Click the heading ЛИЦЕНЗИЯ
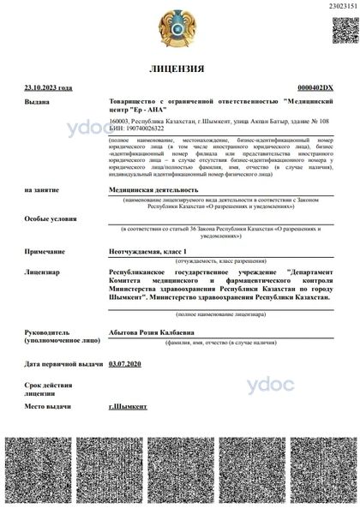pyautogui.click(x=179, y=69)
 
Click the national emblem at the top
pyautogui.click(x=179, y=29)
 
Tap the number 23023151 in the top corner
pyautogui.click(x=342, y=6)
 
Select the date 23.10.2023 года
pyautogui.click(x=48, y=88)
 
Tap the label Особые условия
pyautogui.click(x=49, y=218)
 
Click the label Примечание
pyautogui.click(x=45, y=251)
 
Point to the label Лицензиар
pyautogui.click(x=43, y=270)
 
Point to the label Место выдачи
pyautogui.click(x=47, y=405)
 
